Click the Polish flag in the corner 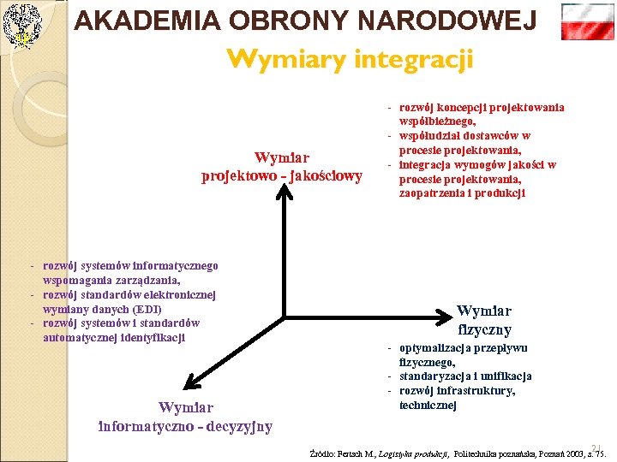pos(587,21)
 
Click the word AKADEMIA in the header pos(131,21)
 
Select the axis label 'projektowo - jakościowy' pos(282,176)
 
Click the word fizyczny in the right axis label pos(484,329)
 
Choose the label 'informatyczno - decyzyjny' pos(186,426)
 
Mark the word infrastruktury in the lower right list pos(476,391)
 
